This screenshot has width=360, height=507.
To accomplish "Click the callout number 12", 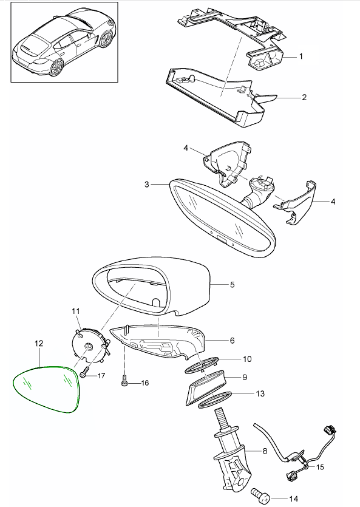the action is [38, 343].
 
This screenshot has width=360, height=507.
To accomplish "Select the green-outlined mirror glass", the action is [46, 389].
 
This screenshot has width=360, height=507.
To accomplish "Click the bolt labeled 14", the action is [260, 496].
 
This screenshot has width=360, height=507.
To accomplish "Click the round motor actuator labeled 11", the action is [89, 344].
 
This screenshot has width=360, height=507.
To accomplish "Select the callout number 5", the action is [233, 285].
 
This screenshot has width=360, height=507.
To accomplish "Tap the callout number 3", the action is [147, 185].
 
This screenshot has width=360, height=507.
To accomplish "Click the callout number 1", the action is [301, 56].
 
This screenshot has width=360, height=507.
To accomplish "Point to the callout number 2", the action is [304, 97].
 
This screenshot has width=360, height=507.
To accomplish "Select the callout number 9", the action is [245, 377].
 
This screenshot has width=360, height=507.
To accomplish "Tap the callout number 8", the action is [265, 451].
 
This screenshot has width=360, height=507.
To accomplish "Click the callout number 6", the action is [233, 340].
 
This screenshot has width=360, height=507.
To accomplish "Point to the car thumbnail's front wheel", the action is [106, 39].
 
